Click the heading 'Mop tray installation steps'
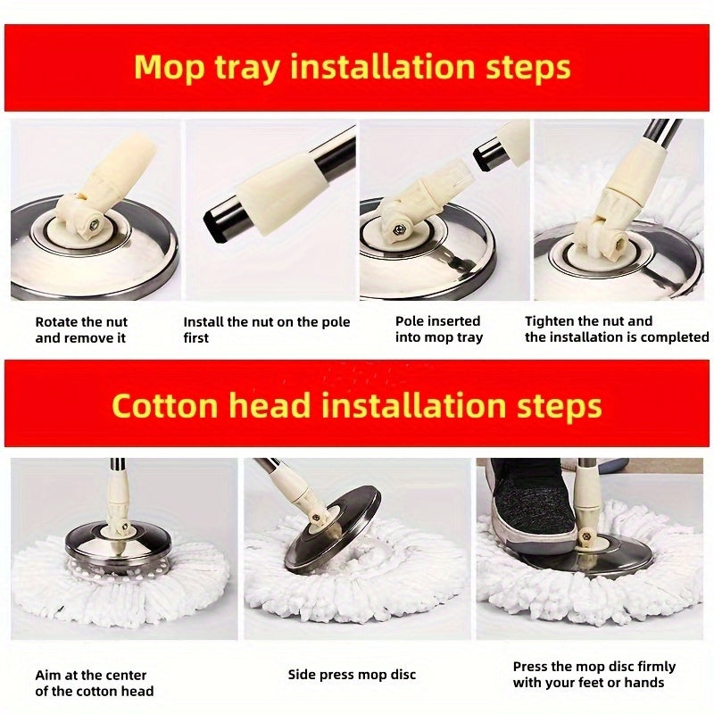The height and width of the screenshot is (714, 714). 353,68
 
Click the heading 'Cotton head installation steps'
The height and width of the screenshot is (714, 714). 356,406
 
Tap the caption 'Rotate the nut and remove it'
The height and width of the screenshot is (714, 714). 81,329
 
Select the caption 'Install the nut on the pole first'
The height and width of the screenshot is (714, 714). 266,329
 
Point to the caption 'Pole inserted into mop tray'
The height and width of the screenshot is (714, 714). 438,329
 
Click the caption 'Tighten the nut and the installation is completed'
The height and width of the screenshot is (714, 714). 616,329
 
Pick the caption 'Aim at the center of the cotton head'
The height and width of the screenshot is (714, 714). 94,683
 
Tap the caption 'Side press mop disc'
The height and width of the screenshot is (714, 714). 352,674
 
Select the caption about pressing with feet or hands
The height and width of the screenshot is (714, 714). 594,675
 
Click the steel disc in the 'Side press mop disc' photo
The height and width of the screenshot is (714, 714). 330,535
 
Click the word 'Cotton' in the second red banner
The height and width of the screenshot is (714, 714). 165,406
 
